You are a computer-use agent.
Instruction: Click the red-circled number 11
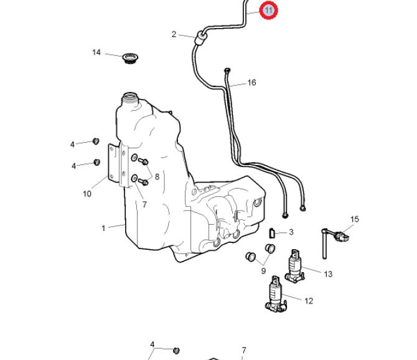click(x=268, y=11)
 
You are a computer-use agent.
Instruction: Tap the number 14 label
click(x=96, y=52)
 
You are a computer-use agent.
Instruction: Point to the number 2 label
click(x=174, y=34)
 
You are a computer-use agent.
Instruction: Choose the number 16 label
click(x=251, y=82)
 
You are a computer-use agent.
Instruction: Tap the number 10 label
click(x=87, y=194)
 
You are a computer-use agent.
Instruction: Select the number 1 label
click(x=104, y=228)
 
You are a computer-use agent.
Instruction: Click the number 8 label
click(x=157, y=177)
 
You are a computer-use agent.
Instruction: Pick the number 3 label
click(x=291, y=232)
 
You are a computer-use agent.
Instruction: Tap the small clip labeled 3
click(x=272, y=234)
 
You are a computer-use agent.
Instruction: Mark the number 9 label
click(x=263, y=270)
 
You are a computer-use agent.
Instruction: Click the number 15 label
click(x=355, y=219)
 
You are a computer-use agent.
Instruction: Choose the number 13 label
click(x=328, y=273)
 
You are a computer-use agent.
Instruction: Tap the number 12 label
click(x=309, y=301)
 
